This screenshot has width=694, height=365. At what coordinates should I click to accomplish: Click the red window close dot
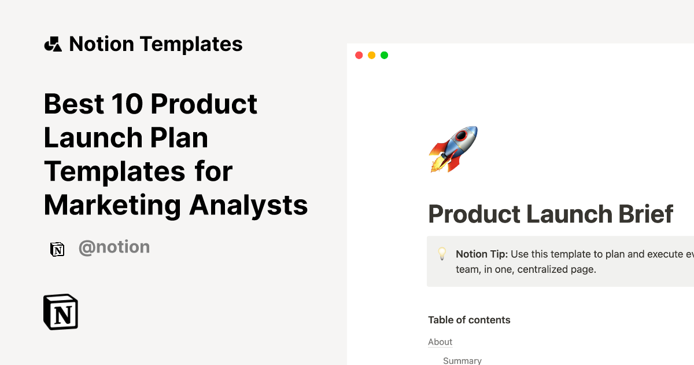[x=359, y=55]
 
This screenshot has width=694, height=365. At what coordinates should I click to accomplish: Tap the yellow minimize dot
[x=371, y=55]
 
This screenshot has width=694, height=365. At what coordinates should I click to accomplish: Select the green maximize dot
[x=384, y=55]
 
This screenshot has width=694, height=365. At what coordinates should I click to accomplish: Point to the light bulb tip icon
[x=442, y=254]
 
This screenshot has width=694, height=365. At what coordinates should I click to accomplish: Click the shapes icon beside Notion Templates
[x=53, y=44]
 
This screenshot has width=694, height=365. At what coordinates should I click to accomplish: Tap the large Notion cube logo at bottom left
[x=61, y=312]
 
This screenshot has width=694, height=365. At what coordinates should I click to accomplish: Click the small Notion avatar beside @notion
[x=57, y=249]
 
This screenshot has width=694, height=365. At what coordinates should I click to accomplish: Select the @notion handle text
[x=114, y=247]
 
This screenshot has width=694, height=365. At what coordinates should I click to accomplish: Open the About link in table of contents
[x=440, y=342]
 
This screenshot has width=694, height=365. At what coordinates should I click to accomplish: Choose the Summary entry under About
[x=462, y=360]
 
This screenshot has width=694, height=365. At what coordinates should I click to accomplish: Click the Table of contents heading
[x=469, y=320]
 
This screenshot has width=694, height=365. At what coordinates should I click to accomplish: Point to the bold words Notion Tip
[x=481, y=254]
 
